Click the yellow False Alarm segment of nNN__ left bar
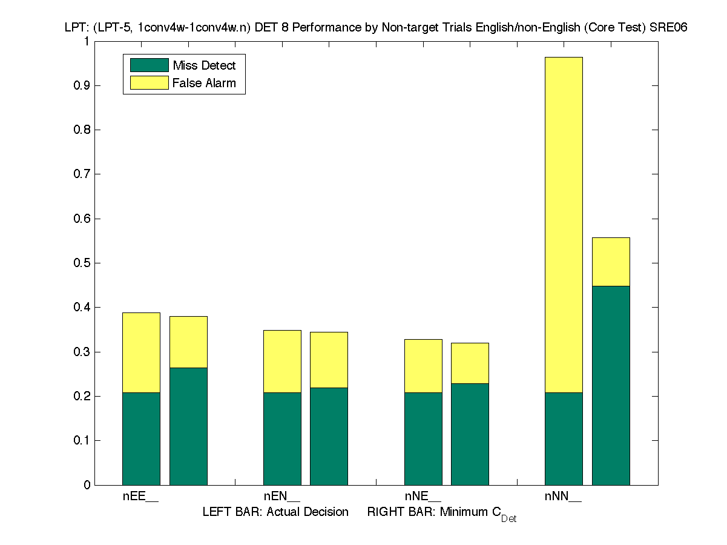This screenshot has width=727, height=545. pyautogui.click(x=564, y=225)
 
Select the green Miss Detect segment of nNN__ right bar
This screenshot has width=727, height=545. pyautogui.click(x=611, y=385)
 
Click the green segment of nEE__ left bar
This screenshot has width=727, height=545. pyautogui.click(x=141, y=438)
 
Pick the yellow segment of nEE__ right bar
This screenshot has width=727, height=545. pyautogui.click(x=188, y=342)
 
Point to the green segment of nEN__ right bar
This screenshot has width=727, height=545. pyautogui.click(x=329, y=436)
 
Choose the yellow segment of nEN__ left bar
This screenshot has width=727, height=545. pyautogui.click(x=282, y=362)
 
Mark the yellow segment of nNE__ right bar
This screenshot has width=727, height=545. pyautogui.click(x=470, y=363)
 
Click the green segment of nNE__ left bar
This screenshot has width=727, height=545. pyautogui.click(x=423, y=438)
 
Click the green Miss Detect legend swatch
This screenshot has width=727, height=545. pyautogui.click(x=149, y=65)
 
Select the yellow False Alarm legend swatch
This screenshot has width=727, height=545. pyautogui.click(x=149, y=83)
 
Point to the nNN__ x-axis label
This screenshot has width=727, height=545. pyautogui.click(x=563, y=497)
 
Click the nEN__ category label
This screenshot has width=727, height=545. pyautogui.click(x=281, y=497)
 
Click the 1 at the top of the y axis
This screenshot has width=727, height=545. pyautogui.click(x=87, y=41)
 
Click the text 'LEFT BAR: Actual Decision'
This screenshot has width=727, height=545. pyautogui.click(x=275, y=512)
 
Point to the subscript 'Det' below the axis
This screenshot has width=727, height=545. pyautogui.click(x=508, y=519)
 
